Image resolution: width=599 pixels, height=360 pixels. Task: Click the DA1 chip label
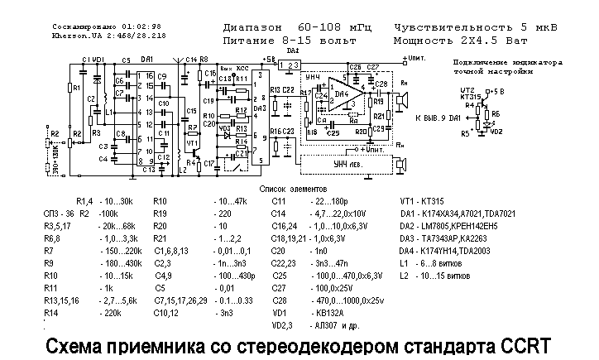point(147,60)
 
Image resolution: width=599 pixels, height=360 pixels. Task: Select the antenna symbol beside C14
point(179,62)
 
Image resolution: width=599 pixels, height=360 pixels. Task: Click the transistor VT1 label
point(193,142)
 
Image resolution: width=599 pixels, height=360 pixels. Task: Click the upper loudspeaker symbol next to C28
point(402,100)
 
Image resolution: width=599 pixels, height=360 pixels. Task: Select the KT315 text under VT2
point(471,97)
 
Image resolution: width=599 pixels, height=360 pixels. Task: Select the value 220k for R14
point(112,314)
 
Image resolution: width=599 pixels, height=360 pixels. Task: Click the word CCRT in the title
point(517,344)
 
